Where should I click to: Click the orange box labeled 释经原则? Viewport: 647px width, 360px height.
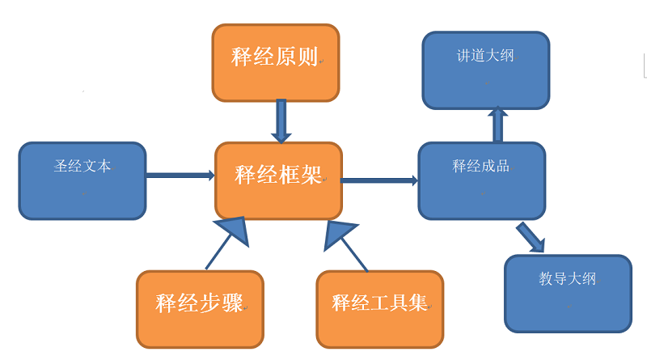(275, 63)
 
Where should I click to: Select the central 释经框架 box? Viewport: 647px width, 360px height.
(278, 180)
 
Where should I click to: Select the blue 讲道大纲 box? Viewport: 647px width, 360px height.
(485, 70)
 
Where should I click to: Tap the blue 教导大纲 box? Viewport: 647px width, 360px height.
(568, 293)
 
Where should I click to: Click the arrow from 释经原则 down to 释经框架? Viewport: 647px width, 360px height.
(281, 120)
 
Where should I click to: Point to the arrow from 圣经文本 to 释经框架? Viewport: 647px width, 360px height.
(180, 175)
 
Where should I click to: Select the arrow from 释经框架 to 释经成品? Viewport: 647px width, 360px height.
(378, 180)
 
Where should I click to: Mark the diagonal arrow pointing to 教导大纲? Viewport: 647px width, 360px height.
(531, 237)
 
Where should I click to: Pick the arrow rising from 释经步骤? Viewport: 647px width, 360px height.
(228, 240)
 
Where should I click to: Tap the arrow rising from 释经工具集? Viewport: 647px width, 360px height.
(345, 242)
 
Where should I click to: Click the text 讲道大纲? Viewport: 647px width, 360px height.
(485, 56)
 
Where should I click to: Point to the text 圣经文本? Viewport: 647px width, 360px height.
(82, 167)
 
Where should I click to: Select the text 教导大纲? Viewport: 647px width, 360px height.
(568, 279)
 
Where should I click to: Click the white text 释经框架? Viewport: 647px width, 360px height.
(278, 175)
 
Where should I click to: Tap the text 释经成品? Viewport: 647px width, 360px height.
(481, 167)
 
